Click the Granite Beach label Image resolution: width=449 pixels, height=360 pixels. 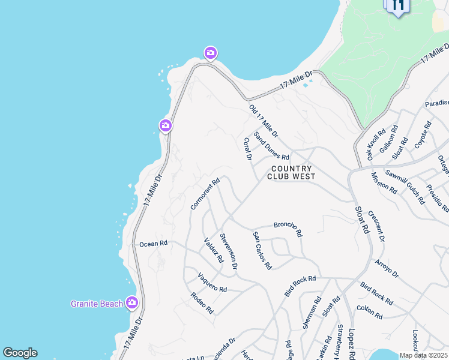click(97, 304)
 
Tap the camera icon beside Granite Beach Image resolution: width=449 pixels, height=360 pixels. click(131, 303)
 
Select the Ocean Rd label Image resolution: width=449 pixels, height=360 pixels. click(153, 244)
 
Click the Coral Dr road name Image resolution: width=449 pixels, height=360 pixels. click(247, 149)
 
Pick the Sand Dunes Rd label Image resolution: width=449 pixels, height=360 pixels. click(271, 146)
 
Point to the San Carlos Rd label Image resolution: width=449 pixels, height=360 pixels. click(262, 250)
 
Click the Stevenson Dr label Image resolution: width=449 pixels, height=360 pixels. click(228, 251)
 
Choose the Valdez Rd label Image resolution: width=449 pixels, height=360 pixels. click(213, 251)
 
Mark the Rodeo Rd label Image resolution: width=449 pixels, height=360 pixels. click(202, 303)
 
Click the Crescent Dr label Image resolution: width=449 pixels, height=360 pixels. click(376, 226)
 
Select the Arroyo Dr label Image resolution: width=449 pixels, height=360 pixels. click(387, 268)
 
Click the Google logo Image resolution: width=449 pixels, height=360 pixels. click(20, 353)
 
